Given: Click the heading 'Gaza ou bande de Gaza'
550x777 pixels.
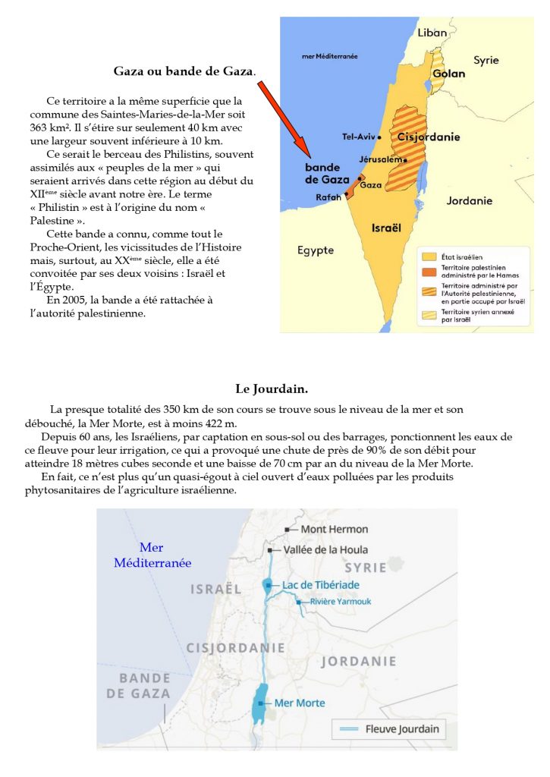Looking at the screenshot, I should click(x=184, y=71).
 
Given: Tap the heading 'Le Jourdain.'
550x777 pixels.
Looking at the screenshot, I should click(x=271, y=389).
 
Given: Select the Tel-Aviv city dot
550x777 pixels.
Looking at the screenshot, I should click(x=382, y=137).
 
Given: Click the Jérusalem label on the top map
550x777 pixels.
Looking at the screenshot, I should click(x=381, y=161).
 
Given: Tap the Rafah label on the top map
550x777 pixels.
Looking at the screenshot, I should click(x=329, y=197).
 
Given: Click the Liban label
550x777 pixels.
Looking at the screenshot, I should click(x=432, y=33).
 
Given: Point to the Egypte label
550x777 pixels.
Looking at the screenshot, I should click(x=316, y=250).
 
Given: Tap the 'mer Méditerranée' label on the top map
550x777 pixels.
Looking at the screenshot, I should click(x=330, y=56).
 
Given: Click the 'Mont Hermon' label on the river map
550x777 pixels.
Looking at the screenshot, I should click(x=335, y=529).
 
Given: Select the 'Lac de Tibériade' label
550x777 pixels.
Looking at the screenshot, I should click(x=321, y=585).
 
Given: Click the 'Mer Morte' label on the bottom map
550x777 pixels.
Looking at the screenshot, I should click(x=300, y=703).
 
